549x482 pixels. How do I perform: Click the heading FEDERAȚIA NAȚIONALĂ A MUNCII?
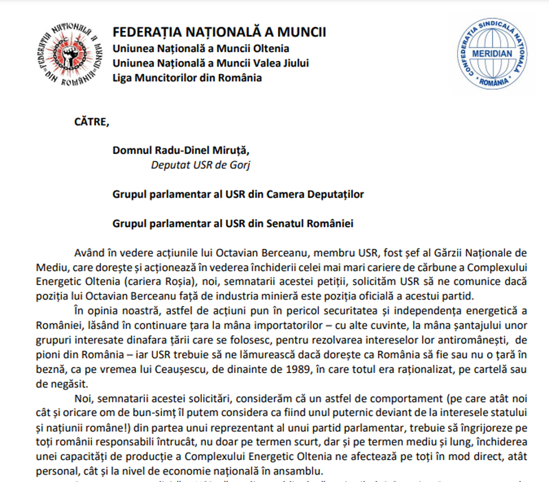219,32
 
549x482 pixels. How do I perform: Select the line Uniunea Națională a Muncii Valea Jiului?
211,63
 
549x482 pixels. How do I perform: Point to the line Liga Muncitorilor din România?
187,78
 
